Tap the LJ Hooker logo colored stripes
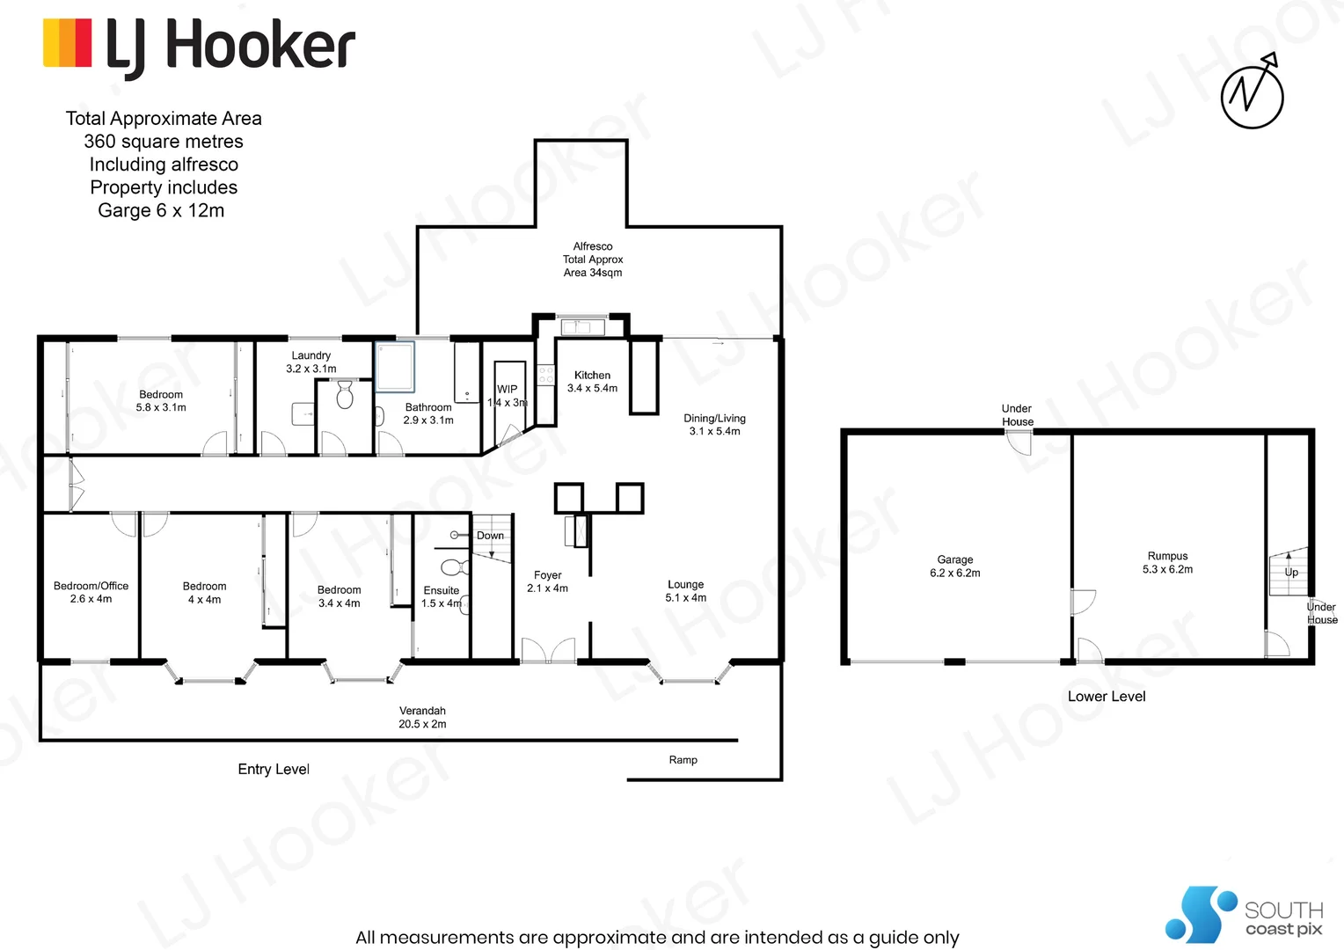(x=68, y=43)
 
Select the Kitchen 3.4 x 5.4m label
(x=592, y=381)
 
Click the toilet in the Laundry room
(x=345, y=395)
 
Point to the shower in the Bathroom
(x=395, y=367)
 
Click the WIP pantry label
(x=508, y=395)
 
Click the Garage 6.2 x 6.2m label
(x=954, y=566)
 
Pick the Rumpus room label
(x=1167, y=562)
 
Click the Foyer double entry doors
(x=548, y=650)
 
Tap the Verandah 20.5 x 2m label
(x=422, y=717)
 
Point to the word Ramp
(x=683, y=760)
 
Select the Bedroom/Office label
(x=91, y=592)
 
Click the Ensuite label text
(x=441, y=590)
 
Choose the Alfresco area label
(x=593, y=259)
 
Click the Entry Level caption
(x=274, y=769)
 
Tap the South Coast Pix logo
(x=1244, y=915)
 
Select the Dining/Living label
(x=714, y=424)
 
